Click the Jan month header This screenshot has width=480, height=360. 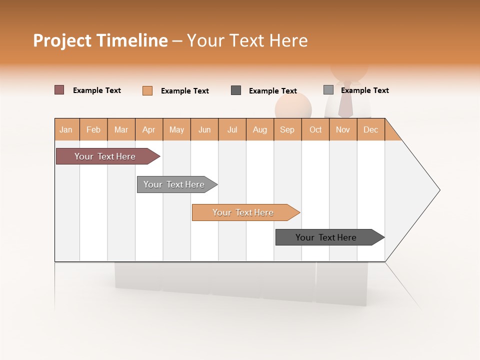point(66,130)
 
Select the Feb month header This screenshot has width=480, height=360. point(93,130)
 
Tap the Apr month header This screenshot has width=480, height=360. point(149,130)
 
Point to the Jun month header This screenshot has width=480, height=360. point(204,130)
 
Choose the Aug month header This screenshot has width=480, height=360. point(260,130)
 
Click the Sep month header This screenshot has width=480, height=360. point(287,130)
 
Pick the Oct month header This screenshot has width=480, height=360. point(315,130)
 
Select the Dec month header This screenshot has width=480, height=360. point(370,130)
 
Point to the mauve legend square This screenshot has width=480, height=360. point(59,90)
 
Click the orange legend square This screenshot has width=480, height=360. point(147,90)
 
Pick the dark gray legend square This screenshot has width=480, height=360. point(236,90)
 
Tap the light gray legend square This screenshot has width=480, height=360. point(328,90)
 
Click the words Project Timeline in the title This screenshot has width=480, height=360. point(100,40)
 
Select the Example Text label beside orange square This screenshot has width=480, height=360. point(184,91)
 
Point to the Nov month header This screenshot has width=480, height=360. point(343,130)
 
